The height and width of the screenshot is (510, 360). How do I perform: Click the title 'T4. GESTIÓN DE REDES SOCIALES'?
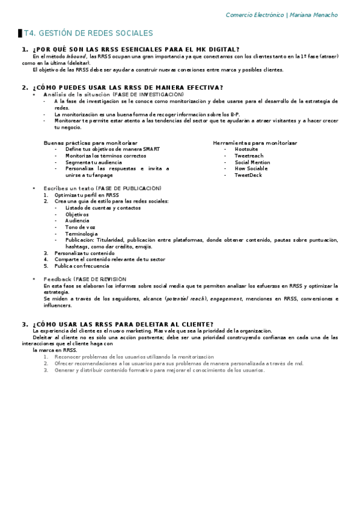click(88, 33)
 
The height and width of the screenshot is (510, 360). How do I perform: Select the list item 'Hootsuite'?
click(246, 149)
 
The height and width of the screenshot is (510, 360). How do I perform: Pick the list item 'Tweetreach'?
click(248, 156)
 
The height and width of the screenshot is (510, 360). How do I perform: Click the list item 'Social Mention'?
click(252, 162)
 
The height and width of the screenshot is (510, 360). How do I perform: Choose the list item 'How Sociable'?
click(251, 169)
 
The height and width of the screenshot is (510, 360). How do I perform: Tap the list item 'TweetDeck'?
click(248, 176)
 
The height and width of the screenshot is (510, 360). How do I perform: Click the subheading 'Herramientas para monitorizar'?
click(255, 143)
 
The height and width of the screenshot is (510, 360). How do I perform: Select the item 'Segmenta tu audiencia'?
click(93, 162)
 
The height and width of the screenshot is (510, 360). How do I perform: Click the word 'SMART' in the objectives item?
click(151, 149)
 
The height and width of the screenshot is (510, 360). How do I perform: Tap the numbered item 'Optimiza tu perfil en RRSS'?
click(87, 195)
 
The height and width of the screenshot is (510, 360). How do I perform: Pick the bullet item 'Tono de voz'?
click(80, 227)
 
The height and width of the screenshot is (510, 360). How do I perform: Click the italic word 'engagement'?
click(227, 298)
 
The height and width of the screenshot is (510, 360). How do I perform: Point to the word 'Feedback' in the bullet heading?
click(58, 279)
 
